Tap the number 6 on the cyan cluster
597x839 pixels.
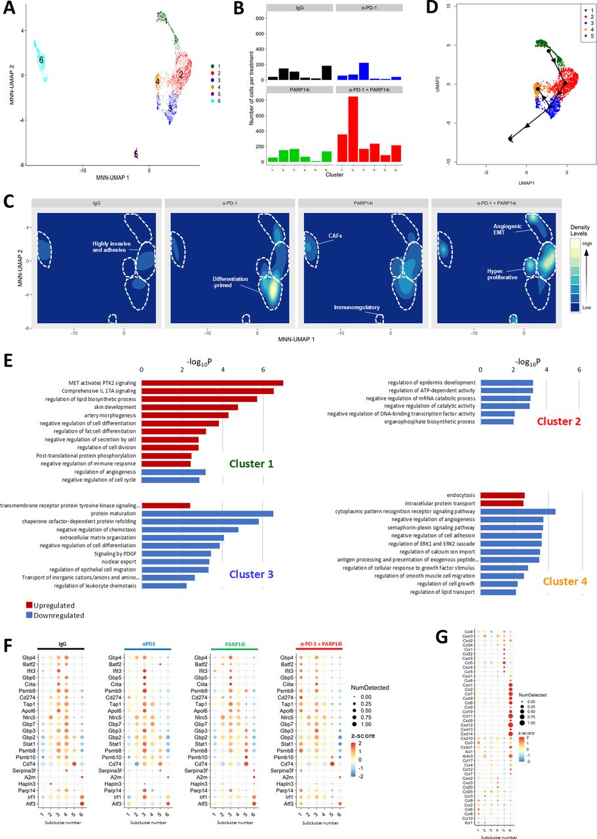41,60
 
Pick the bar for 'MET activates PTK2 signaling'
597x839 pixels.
212,383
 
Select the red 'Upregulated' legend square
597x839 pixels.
30,606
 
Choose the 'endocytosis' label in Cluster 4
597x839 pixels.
462,495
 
